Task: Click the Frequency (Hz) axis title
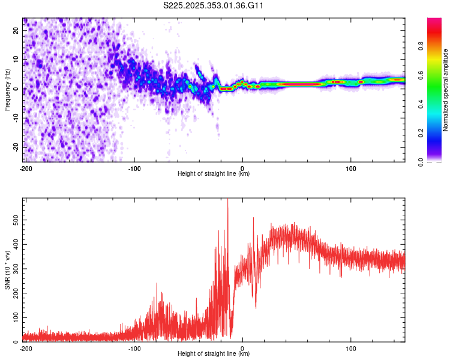7,90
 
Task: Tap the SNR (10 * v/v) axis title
7,270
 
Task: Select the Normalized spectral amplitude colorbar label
446,90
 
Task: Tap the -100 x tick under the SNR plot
134,348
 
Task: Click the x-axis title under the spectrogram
214,174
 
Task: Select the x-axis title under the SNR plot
214,354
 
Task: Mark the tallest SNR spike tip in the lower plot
227,200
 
